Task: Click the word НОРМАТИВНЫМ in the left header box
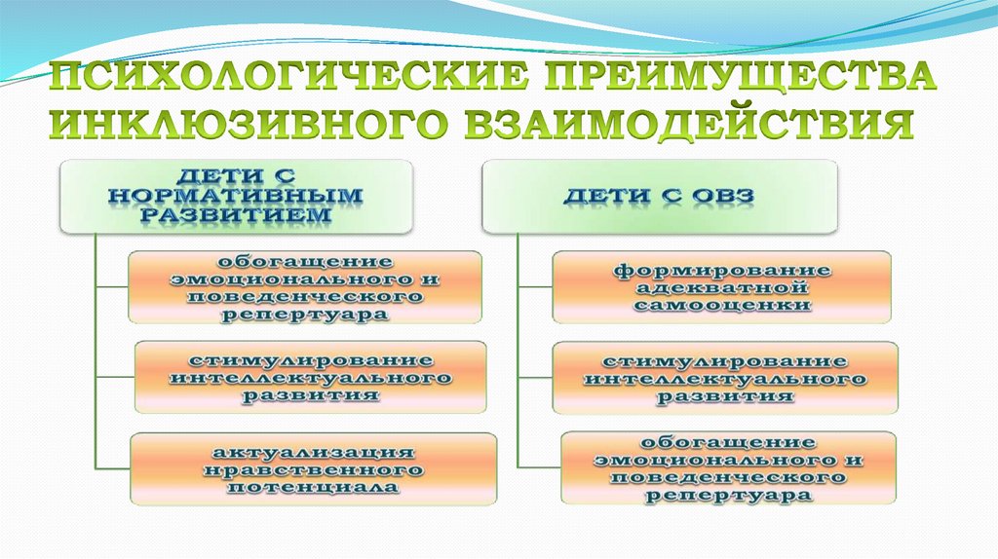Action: (235, 194)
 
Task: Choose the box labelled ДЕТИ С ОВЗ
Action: (660, 196)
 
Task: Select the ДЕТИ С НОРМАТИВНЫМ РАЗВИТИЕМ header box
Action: (235, 196)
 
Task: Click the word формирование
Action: (722, 270)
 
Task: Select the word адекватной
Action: (722, 287)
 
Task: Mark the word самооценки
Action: (722, 305)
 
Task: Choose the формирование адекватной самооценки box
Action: (722, 287)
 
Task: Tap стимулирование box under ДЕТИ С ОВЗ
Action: (725, 378)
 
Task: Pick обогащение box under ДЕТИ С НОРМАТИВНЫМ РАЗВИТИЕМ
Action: (305, 287)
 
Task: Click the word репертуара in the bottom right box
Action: (729, 495)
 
